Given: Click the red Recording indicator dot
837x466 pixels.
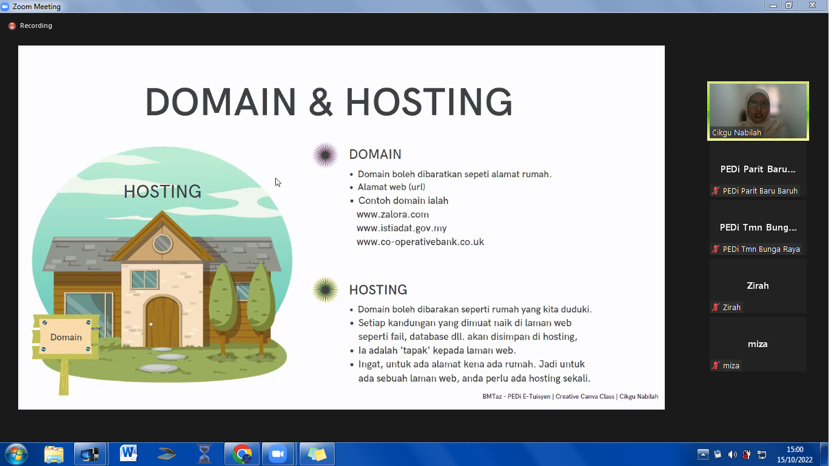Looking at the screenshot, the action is (x=12, y=25).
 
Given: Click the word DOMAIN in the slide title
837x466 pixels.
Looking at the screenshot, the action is (x=221, y=102).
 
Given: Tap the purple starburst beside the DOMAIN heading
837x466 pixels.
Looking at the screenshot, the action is (x=325, y=155).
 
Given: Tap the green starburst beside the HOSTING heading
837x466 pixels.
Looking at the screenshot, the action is (x=325, y=289).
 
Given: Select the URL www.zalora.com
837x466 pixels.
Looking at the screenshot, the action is (x=392, y=215).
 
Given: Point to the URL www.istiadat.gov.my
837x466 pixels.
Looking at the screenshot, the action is (x=402, y=228).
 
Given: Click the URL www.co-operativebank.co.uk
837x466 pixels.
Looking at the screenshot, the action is (x=420, y=241).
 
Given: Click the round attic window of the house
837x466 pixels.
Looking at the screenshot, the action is (x=162, y=244).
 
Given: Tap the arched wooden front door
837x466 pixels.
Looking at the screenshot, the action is (x=162, y=322).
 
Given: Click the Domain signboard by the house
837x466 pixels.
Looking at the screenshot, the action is (x=66, y=336).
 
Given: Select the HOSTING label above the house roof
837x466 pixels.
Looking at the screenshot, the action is (x=163, y=191).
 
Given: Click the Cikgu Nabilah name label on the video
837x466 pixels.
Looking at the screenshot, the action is (x=736, y=133).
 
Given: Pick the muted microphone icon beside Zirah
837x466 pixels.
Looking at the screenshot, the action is (x=715, y=307).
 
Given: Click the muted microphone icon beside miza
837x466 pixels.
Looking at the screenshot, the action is (x=715, y=365).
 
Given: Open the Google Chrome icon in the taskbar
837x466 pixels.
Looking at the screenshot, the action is (x=242, y=454).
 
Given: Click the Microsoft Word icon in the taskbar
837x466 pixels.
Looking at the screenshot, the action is (x=128, y=454).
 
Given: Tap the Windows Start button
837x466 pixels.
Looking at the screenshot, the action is (x=16, y=454).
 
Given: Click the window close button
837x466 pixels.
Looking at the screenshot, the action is (x=812, y=5).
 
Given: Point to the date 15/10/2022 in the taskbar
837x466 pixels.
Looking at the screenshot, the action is (x=795, y=460).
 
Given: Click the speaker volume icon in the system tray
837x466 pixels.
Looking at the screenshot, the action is (x=732, y=454).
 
